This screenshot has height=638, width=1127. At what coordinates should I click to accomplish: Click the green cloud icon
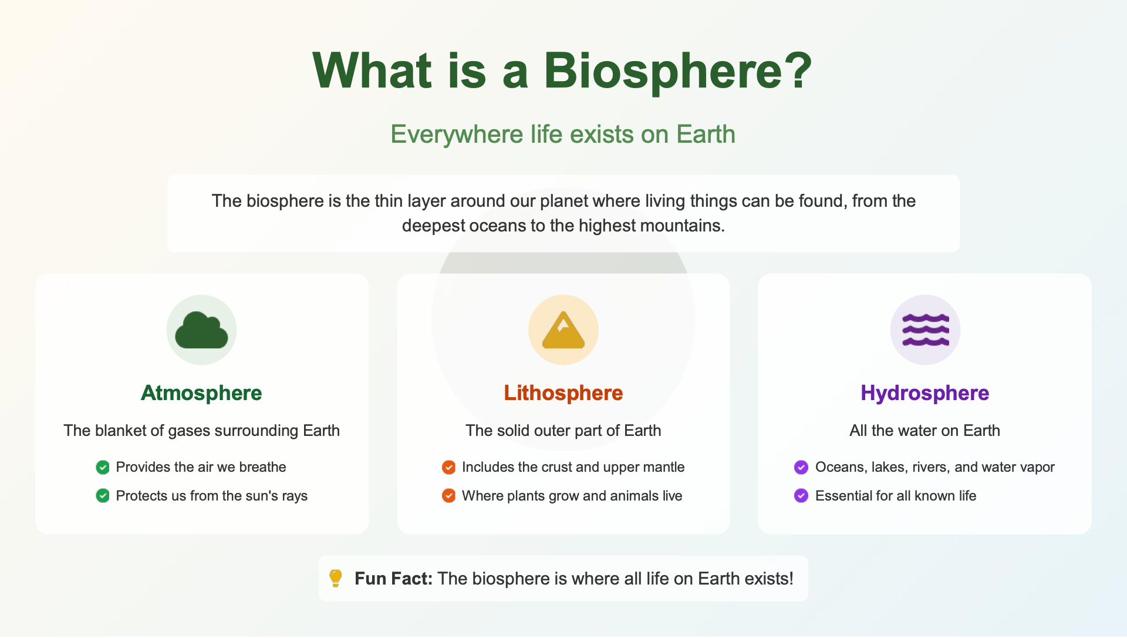point(201,330)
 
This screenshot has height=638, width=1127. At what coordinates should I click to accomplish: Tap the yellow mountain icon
point(563,330)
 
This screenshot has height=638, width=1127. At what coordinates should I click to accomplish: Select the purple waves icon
point(926,330)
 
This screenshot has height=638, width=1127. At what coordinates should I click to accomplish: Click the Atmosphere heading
point(201,393)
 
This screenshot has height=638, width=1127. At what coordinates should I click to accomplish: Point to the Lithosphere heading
point(563,393)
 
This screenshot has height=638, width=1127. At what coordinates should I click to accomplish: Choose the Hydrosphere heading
point(925,393)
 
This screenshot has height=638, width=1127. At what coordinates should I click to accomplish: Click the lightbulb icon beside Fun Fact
point(336,578)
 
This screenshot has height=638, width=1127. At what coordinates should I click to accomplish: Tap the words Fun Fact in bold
point(393,579)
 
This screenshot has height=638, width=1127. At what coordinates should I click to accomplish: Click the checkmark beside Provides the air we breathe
point(103,467)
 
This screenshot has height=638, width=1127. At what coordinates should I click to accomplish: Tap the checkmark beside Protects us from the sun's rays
point(103,496)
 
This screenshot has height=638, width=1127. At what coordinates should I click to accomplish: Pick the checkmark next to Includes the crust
point(448,467)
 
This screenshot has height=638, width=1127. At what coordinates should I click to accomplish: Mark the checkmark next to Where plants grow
point(448,496)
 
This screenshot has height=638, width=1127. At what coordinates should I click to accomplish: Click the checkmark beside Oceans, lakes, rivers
point(801,467)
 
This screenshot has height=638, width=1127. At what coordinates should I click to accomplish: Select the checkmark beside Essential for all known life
point(801,496)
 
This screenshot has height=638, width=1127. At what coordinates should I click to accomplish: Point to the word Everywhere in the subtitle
point(457,135)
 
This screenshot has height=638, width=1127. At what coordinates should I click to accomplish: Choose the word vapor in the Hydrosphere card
point(1037,468)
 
